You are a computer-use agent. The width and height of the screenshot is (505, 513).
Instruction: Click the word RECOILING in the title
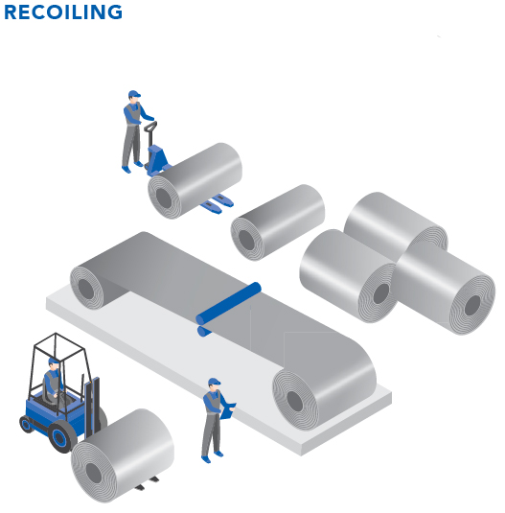coord(63,12)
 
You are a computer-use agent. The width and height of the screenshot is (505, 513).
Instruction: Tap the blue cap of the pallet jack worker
coord(134,94)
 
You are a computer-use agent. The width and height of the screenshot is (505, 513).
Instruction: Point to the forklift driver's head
coord(54,363)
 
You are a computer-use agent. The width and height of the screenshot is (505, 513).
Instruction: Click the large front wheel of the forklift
coord(61,436)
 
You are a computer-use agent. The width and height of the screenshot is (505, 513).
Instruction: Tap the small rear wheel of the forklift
coord(26,424)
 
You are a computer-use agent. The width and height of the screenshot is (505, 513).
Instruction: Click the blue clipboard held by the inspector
coord(227,411)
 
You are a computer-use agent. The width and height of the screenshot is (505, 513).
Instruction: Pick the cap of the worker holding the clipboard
coord(214,382)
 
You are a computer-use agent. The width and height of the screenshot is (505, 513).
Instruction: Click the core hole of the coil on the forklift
coord(94,473)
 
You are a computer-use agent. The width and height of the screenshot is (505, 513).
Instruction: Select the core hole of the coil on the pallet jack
coord(164,198)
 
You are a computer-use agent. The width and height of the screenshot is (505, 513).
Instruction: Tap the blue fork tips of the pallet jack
coord(218,203)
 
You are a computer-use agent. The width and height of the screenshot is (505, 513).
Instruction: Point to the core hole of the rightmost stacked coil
coord(472,306)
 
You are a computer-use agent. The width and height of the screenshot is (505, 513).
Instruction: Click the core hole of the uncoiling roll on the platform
coord(86,290)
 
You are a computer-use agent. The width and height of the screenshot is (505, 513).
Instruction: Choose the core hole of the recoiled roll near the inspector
coord(295,401)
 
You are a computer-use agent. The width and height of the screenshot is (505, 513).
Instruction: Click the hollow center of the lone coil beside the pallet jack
coord(246,239)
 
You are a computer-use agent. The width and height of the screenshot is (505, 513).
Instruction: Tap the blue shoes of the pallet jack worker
coord(132,167)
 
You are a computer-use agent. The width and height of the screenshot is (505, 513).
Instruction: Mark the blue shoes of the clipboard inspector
coord(212,456)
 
